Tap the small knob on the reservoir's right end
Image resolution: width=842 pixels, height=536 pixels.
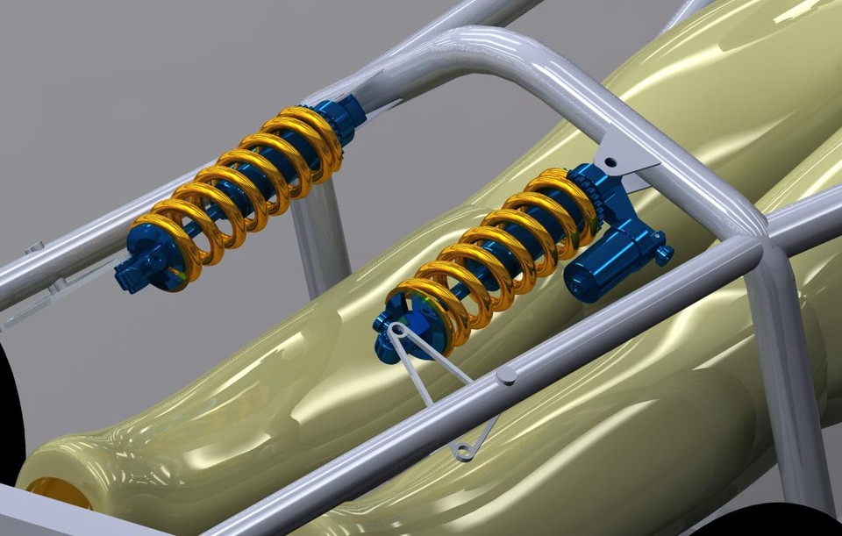point(664,254)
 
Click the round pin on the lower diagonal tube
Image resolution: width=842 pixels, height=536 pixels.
point(506,375)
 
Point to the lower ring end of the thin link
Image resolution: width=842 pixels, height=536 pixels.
point(463,452)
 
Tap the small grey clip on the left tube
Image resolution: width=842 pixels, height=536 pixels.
point(35,248)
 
